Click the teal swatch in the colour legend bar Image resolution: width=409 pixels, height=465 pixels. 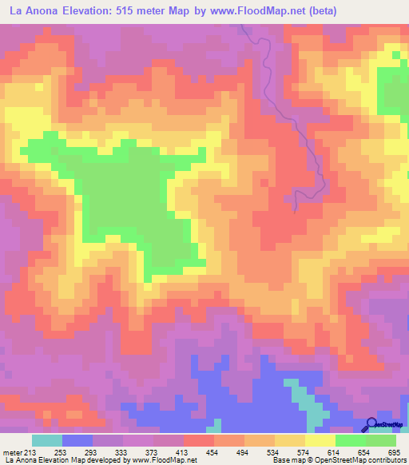pyautogui.click(x=46, y=440)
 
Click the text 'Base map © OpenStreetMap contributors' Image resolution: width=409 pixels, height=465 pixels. pyautogui.click(x=336, y=460)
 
